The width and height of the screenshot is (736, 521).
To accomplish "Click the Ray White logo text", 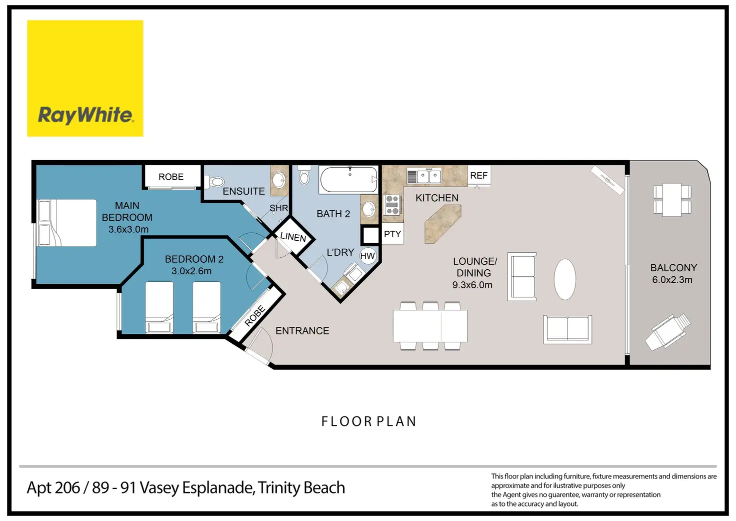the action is [85, 115].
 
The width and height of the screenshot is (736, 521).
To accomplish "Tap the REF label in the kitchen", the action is [478, 176].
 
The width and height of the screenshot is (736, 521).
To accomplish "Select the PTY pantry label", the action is [392, 234].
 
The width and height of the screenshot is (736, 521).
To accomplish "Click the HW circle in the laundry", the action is [367, 256].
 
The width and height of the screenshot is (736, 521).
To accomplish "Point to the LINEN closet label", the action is [293, 237].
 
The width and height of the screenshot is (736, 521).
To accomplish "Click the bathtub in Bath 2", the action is [348, 180].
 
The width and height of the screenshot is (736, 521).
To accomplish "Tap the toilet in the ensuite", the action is [214, 181].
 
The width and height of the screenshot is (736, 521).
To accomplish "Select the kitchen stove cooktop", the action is [392, 205].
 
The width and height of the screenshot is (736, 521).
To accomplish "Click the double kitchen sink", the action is [424, 176].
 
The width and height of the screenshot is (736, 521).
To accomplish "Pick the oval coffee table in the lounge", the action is [565, 279].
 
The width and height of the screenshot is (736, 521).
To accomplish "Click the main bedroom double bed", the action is [67, 223].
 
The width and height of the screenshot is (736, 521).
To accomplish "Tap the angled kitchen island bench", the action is [442, 224].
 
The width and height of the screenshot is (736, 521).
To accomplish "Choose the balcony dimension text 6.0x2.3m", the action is [672, 280].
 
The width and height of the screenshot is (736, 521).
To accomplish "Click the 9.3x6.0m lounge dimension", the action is [472, 285].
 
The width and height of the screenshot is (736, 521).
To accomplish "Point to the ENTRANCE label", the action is [302, 330].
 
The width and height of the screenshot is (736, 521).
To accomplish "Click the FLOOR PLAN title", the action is [368, 421].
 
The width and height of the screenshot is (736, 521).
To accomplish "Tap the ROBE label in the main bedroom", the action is [171, 177].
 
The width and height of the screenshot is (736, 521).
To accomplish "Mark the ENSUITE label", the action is [243, 191].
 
